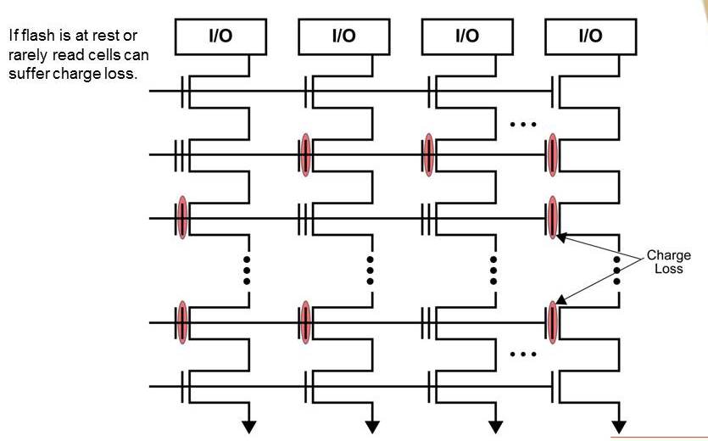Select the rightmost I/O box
tap(589, 36)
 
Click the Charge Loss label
tap(669, 261)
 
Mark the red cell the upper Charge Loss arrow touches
tap(552, 219)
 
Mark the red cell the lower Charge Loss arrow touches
tap(552, 322)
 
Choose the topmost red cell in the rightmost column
tap(552, 154)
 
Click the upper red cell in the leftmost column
tap(181, 219)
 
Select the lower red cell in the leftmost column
tap(181, 322)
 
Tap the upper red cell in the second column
tap(305, 154)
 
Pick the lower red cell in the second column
tap(305, 322)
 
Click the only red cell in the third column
tap(429, 154)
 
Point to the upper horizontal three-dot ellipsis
tap(523, 126)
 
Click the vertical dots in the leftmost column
tap(247, 270)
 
